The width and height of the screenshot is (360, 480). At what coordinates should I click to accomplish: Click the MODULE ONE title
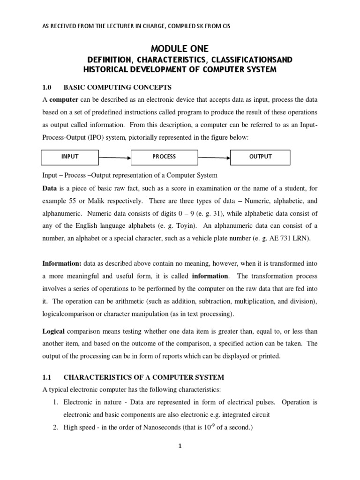click(x=180, y=48)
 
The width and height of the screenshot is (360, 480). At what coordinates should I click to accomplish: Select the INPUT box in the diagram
click(x=70, y=157)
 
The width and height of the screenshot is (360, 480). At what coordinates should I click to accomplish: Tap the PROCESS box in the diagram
click(x=164, y=157)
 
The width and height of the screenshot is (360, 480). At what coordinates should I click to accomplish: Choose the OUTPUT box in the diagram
click(x=260, y=157)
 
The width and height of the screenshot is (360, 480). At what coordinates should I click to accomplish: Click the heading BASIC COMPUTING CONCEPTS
click(x=118, y=87)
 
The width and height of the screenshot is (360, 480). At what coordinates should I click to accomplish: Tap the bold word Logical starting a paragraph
click(x=55, y=331)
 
